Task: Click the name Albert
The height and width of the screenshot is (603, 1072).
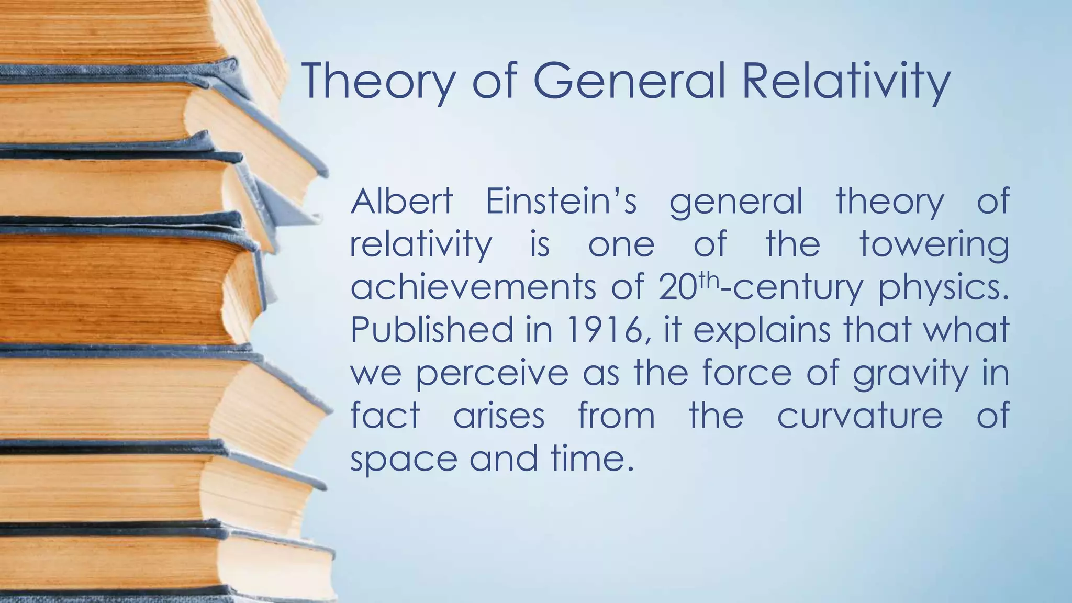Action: [x=401, y=202]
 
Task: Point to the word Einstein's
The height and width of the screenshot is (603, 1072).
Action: [x=561, y=202]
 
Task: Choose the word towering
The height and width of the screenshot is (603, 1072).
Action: [x=934, y=245]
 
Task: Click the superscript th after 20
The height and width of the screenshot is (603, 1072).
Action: [x=709, y=280]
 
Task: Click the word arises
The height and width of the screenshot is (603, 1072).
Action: [x=499, y=416]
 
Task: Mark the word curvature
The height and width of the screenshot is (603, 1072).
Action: [x=859, y=416]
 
